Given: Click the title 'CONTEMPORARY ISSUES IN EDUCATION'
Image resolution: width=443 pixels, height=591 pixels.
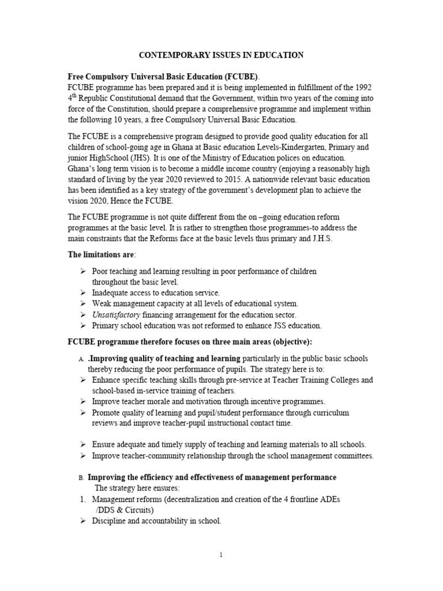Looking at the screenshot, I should [221, 55].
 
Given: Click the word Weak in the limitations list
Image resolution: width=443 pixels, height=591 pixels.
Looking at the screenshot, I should [102, 304].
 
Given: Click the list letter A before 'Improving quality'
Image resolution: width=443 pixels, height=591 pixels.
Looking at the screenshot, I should [81, 359].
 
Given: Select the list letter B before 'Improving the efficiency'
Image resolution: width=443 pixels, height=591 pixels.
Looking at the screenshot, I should [81, 478].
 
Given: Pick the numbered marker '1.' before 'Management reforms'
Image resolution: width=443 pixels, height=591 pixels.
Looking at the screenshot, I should [82, 499].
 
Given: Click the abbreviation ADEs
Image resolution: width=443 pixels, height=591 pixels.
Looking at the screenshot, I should [329, 499].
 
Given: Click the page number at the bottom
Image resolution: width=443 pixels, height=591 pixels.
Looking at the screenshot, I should [221, 555].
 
